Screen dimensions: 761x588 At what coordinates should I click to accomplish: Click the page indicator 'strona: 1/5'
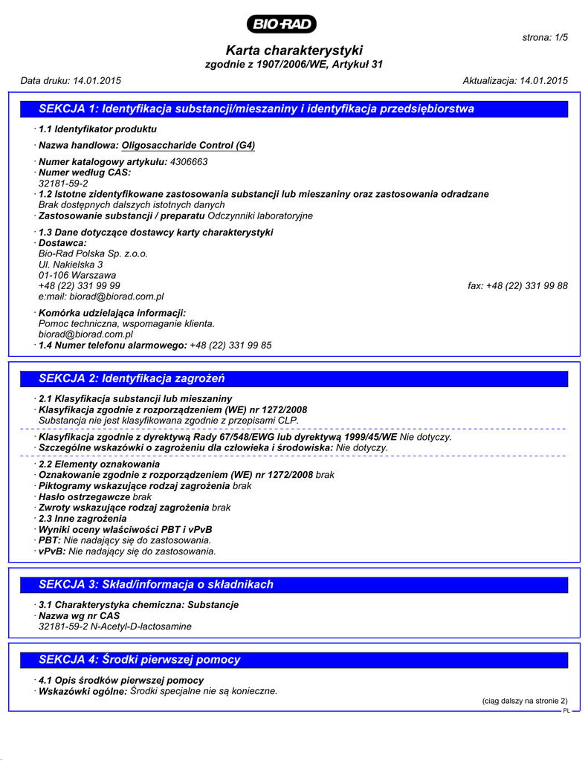tap(546, 37)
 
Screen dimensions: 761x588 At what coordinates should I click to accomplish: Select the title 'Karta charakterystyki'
tap(294, 51)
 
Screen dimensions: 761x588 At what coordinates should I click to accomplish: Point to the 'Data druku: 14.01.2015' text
tap(71, 80)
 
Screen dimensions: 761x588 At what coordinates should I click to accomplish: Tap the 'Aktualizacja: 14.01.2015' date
tap(515, 80)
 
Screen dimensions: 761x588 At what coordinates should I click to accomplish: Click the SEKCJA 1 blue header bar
tap(294, 109)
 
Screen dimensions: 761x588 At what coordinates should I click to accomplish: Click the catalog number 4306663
tap(189, 161)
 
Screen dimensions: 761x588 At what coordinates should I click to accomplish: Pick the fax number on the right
tap(518, 285)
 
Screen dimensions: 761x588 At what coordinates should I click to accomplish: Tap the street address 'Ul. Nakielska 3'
tap(71, 264)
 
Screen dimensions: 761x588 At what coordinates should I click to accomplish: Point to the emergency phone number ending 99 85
tap(230, 345)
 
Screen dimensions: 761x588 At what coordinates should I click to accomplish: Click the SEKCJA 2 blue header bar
tap(294, 379)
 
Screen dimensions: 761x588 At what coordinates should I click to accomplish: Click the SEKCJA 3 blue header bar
tap(294, 584)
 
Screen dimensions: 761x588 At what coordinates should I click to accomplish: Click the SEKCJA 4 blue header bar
tap(294, 659)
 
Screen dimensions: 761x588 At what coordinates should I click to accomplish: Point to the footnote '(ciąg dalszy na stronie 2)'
tap(525, 701)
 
